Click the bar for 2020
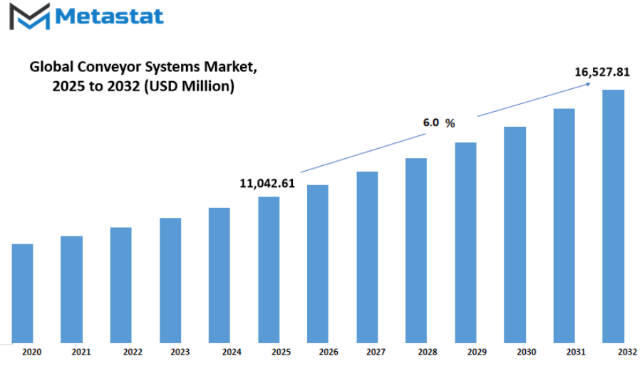coord(23,293)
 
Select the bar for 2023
coord(170,280)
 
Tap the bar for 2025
coord(269,270)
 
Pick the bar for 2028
coord(416,250)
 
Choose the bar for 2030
coord(514,235)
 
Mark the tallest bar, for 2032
coord(613,216)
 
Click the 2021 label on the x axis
coord(81,352)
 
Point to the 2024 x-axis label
coord(232,352)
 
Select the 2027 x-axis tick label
coord(376,352)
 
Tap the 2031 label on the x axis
coord(576,352)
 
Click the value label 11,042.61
coord(267,184)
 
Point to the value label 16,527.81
coord(602,73)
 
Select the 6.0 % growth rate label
coord(439,122)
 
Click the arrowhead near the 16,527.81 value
coord(588,84)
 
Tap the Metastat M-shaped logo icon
coord(30,16)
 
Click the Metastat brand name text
coord(109,16)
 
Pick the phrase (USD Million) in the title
coord(189,86)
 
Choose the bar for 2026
coord(318,263)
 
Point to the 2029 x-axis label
coord(477,352)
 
